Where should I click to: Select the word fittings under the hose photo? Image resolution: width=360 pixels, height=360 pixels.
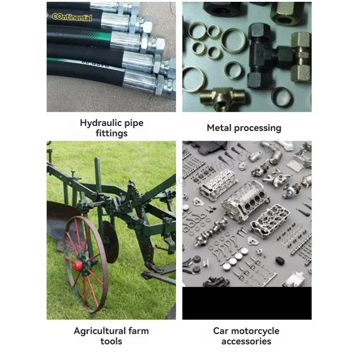(x=112, y=133)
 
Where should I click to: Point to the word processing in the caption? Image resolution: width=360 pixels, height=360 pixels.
(x=258, y=128)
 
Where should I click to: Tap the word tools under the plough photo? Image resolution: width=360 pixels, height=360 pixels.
(x=111, y=341)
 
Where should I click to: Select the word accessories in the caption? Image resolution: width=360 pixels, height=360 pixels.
(x=246, y=341)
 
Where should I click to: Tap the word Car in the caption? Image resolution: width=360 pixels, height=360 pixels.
(x=221, y=331)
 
